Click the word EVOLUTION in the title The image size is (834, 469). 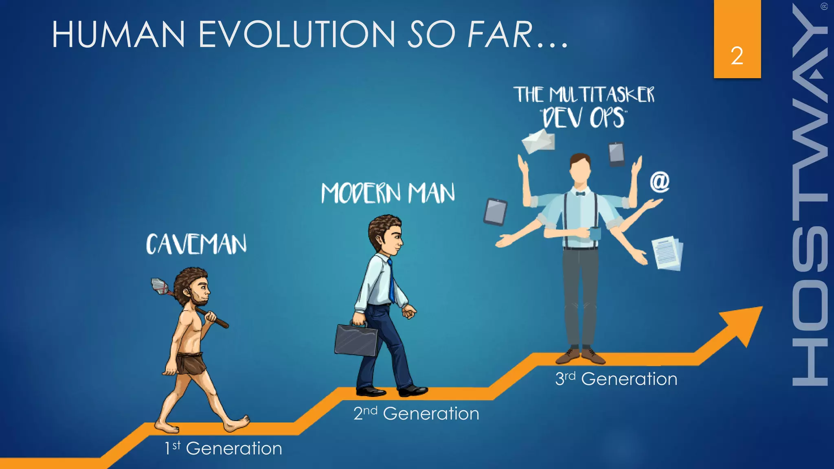296,34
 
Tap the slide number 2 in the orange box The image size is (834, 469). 737,56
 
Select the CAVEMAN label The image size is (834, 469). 196,244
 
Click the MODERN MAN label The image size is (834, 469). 388,193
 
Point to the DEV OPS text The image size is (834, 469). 583,118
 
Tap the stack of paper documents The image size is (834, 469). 667,253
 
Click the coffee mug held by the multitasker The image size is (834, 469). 595,234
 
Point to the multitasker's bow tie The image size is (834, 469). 580,194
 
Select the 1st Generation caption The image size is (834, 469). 223,448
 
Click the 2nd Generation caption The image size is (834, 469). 416,413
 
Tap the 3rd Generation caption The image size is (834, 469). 616,379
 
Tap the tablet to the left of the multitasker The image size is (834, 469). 495,212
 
